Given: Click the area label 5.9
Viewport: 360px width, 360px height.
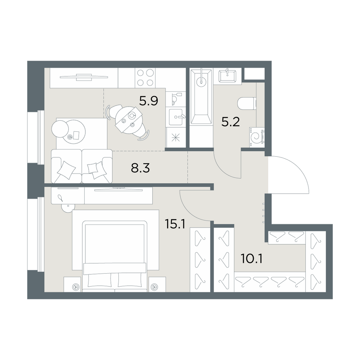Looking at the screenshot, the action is coord(149,101).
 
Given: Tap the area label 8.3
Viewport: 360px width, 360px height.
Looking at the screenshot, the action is coord(140,168).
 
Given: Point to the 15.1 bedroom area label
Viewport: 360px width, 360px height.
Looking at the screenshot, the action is coord(175,224).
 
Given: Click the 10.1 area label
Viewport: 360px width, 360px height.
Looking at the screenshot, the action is coord(252,259).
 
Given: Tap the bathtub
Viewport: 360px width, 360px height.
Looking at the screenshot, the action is coord(201,97).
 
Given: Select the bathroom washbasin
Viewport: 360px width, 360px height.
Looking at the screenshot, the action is coord(227,75).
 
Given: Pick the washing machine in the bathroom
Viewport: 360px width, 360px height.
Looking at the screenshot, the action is coord(257,137).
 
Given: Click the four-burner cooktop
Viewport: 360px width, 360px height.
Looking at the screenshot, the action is coord(145,78).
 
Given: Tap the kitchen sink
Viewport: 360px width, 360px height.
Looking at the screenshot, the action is coord(177,117).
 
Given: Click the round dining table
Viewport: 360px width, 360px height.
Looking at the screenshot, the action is coord(129,120).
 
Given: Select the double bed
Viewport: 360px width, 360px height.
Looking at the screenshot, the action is coord(115,256).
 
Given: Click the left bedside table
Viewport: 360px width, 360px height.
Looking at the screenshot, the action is coord(72,284).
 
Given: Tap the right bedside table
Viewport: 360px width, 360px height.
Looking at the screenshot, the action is coord(157,284).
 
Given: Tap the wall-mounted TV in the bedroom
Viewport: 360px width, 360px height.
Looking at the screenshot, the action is coord(118,190).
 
